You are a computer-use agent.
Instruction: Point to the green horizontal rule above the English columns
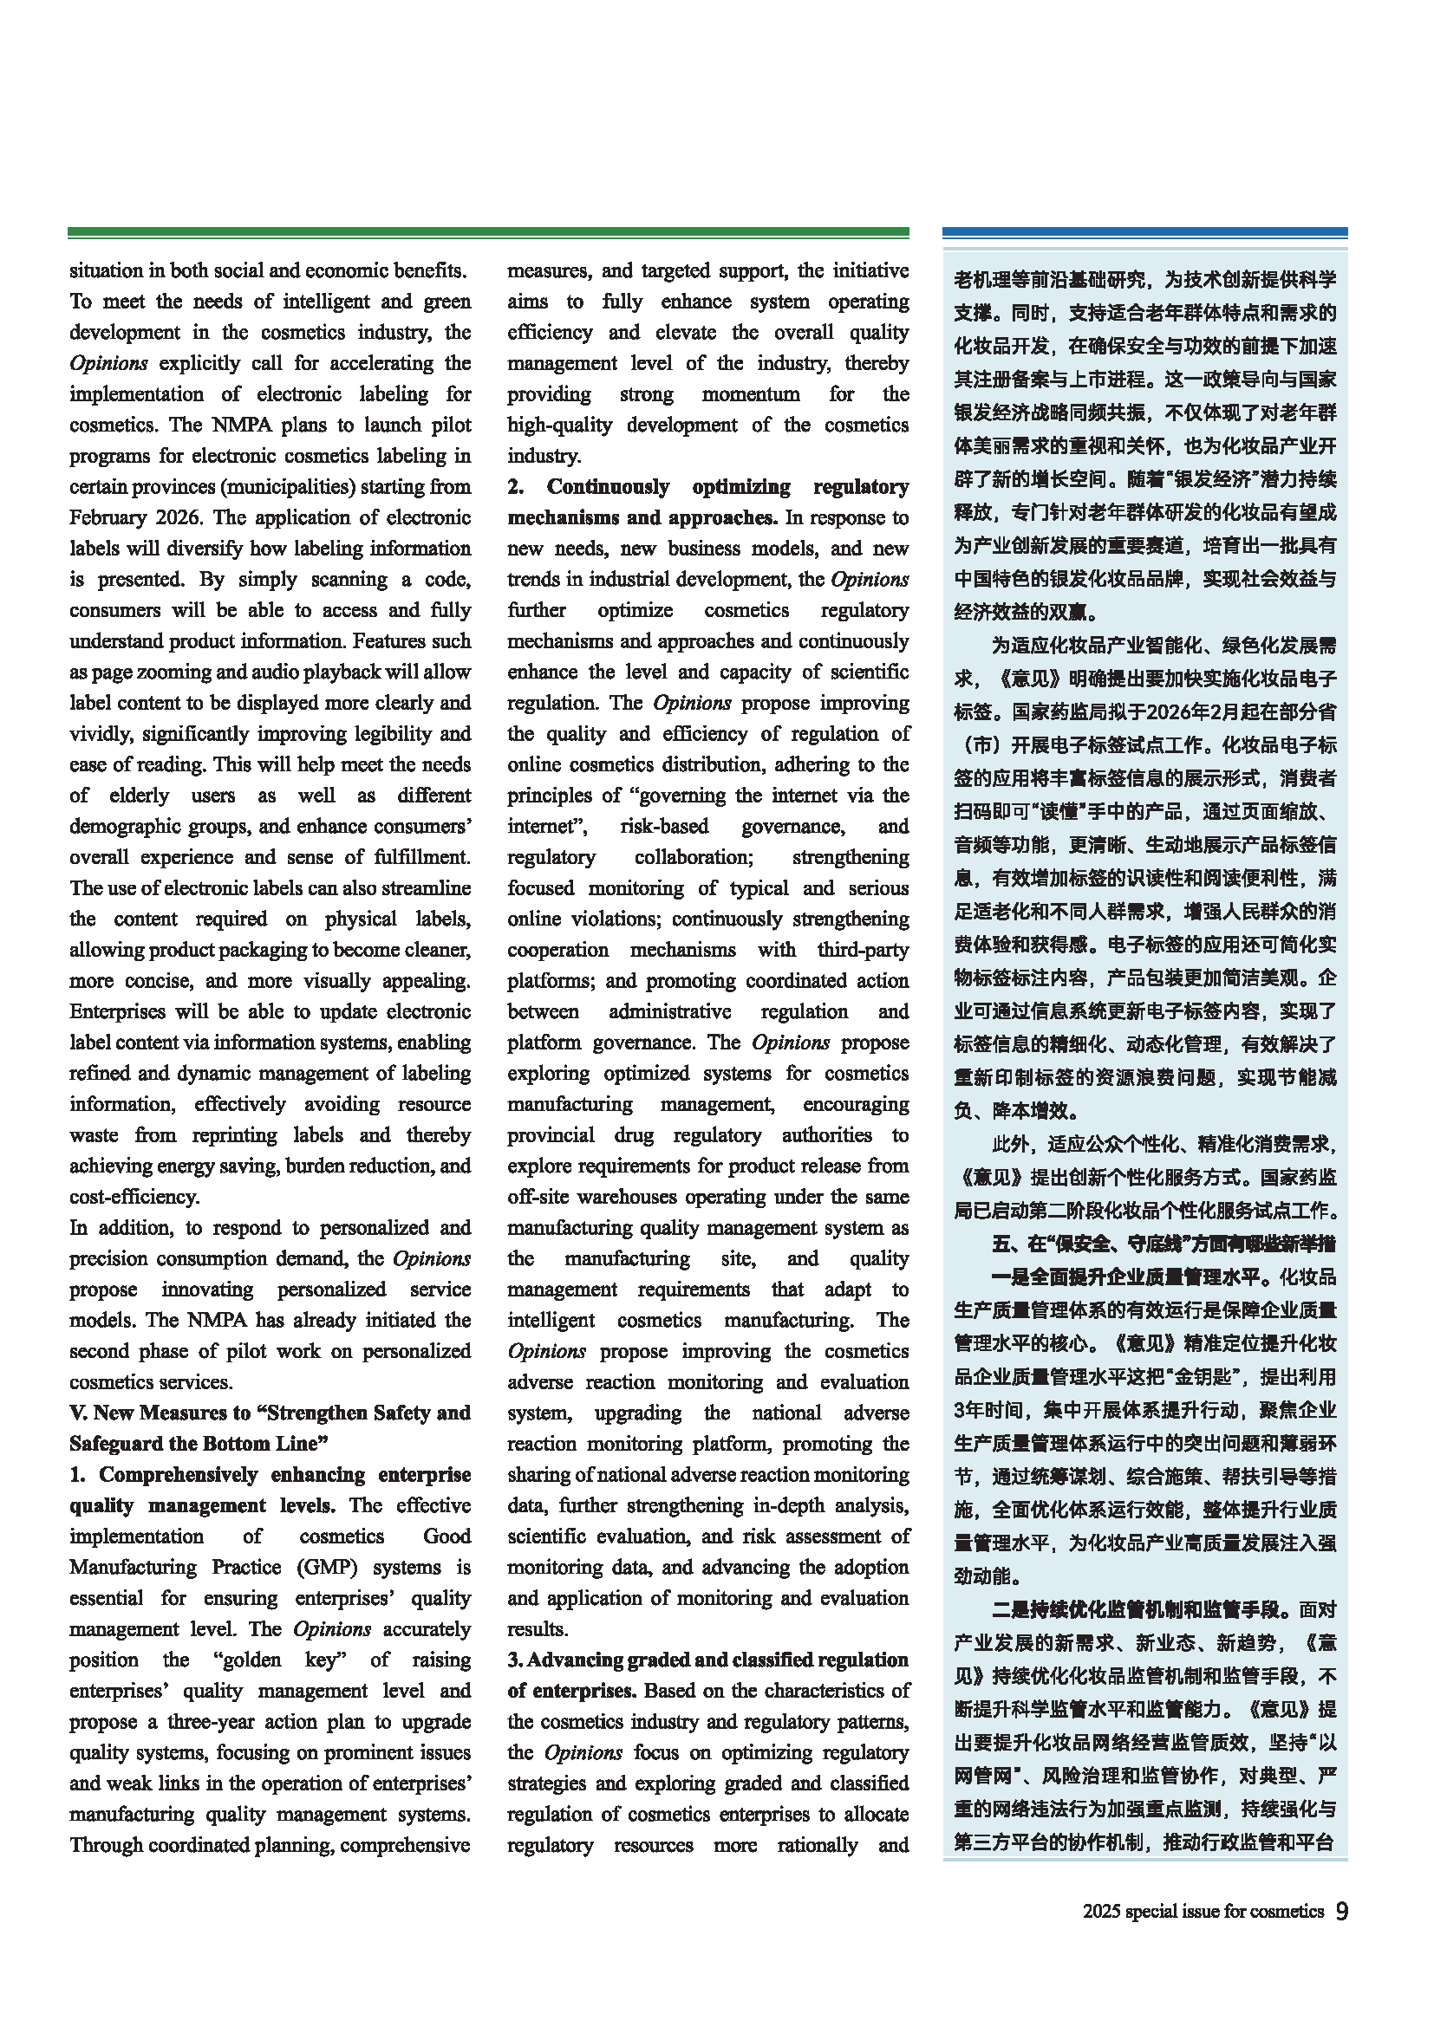pyautogui.click(x=488, y=232)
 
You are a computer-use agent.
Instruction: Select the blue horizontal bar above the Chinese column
pyautogui.click(x=1144, y=232)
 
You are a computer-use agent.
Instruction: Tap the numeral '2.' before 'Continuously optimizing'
pyautogui.click(x=516, y=486)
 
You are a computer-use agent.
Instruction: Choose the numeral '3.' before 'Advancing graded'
pyautogui.click(x=515, y=1660)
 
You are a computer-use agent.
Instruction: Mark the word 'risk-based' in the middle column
pyautogui.click(x=664, y=827)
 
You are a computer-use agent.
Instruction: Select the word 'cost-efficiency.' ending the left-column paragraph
pyautogui.click(x=134, y=1196)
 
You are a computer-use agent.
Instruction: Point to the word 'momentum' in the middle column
pyautogui.click(x=750, y=393)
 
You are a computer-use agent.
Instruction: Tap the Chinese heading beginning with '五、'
pyautogui.click(x=1162, y=1244)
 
